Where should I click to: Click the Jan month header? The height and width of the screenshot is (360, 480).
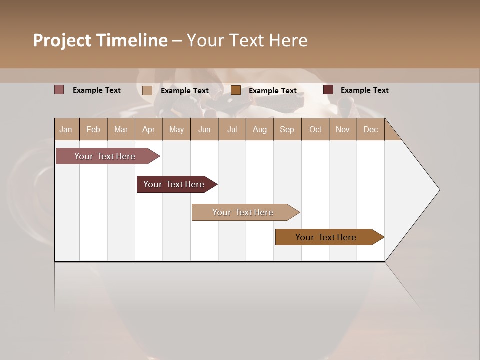[66, 129]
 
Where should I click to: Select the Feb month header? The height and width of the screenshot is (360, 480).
[93, 129]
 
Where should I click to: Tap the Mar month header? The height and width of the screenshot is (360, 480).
[121, 129]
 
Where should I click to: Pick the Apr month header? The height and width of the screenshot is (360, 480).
[149, 129]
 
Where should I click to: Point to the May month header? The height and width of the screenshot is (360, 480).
[176, 129]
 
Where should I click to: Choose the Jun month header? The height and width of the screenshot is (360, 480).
[204, 129]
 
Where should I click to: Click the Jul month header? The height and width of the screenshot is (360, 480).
[232, 129]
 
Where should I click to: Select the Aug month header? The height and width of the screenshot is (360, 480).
[260, 129]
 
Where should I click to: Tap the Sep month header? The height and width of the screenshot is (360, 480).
[287, 129]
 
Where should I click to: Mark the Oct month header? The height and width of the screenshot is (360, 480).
[315, 129]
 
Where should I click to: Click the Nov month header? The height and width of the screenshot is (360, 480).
[343, 129]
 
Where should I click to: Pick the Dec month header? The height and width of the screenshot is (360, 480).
[370, 129]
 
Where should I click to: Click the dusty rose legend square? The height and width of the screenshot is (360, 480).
[59, 90]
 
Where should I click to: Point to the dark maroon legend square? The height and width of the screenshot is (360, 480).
[328, 90]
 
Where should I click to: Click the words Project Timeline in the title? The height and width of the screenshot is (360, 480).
[100, 40]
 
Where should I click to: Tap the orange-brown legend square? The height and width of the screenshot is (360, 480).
[236, 90]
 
